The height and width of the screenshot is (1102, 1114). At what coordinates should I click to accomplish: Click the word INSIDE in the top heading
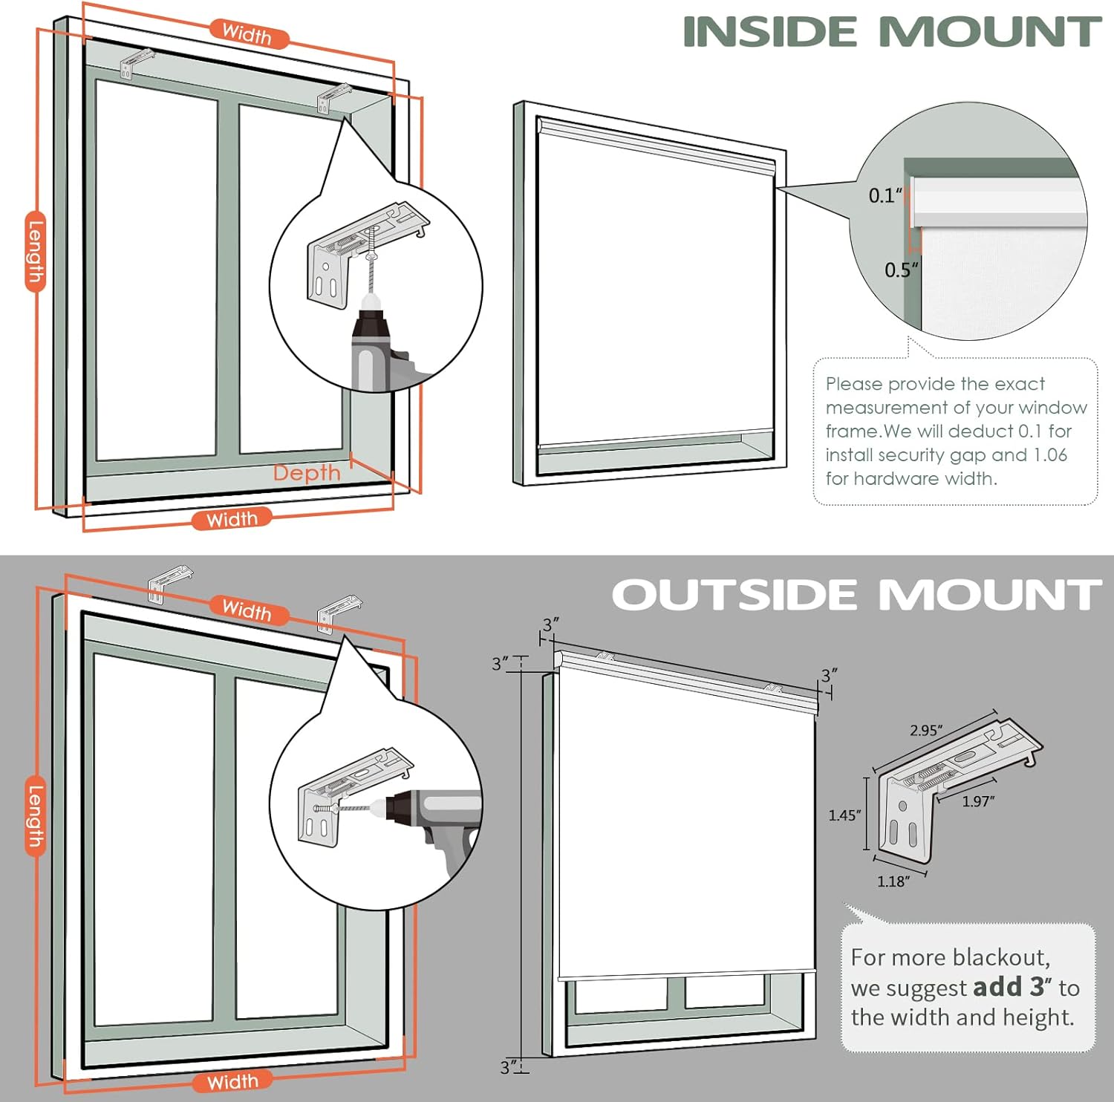coord(770,32)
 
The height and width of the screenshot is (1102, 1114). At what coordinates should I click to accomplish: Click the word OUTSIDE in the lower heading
coord(734,596)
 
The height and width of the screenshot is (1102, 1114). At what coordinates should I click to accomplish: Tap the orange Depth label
coord(307,473)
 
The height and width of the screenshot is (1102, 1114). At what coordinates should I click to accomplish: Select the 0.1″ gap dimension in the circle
coord(885,195)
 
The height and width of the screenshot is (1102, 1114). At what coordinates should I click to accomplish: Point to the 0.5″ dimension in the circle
coord(901,270)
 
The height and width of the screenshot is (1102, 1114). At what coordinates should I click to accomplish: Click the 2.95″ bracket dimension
coord(926,731)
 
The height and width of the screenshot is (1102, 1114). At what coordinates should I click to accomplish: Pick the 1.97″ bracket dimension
coord(978,801)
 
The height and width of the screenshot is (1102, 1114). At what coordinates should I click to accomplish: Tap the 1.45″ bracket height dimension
coord(844,815)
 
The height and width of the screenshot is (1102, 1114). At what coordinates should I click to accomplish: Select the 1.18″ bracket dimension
coord(893,881)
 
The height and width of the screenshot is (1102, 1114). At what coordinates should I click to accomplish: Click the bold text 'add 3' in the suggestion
coord(1009,987)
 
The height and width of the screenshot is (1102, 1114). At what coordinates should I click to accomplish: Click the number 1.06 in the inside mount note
coord(1049,454)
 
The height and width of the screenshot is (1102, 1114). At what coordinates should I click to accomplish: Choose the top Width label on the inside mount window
coord(247,33)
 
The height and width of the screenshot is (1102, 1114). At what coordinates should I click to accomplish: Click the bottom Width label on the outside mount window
coord(232,1081)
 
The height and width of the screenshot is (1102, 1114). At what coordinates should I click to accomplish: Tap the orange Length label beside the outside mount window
coord(36,816)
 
